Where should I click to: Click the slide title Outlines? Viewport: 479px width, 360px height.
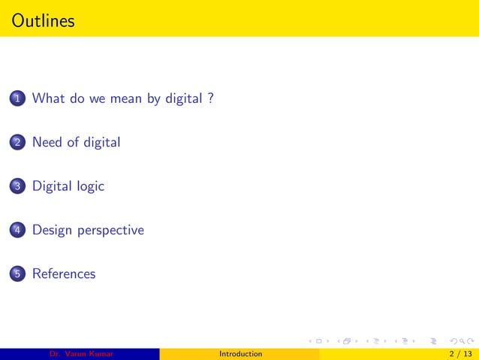click(44, 21)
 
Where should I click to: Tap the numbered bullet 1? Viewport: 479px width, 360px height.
click(17, 98)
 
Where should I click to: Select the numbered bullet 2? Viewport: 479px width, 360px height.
click(17, 143)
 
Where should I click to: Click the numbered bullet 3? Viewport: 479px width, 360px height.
click(17, 186)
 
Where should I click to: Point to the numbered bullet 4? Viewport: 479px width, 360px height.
click(17, 231)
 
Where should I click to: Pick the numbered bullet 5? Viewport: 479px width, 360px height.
click(17, 274)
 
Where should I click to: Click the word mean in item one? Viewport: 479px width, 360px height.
click(127, 98)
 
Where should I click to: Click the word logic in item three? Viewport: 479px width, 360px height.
click(90, 186)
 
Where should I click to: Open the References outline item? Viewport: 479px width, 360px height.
click(64, 274)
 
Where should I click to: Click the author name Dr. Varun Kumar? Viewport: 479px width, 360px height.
click(80, 354)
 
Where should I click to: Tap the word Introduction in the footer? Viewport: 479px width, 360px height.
click(240, 354)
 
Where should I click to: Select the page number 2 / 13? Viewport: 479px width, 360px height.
click(459, 354)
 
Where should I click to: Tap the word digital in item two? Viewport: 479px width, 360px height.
click(101, 142)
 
